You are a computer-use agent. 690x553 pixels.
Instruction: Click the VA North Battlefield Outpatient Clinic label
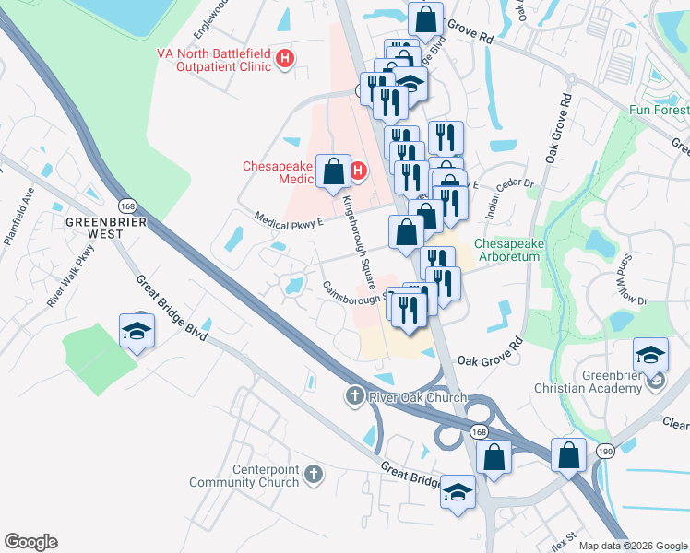215,61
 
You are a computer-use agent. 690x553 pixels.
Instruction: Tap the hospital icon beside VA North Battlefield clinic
285,59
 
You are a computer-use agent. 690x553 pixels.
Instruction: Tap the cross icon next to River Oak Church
352,396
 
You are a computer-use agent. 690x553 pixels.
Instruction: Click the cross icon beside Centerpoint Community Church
314,475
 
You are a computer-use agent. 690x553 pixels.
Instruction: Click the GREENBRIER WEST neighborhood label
95,228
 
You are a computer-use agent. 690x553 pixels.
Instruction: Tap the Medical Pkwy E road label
290,219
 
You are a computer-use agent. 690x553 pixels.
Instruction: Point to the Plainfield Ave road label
18,221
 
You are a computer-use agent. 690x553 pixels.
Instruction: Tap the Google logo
30,542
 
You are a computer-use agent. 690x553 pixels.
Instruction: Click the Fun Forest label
659,110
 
